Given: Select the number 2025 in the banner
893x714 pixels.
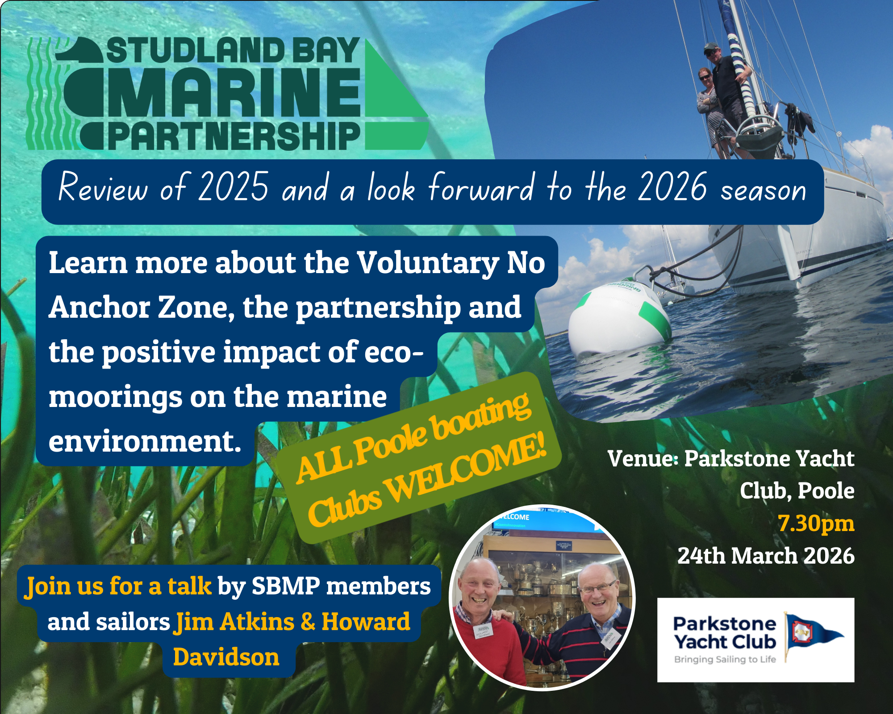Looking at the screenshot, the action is tap(234, 187).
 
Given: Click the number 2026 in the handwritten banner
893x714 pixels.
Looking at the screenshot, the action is tap(673, 187).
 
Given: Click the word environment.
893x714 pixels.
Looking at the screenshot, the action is tap(145, 441).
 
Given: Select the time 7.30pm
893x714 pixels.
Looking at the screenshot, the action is tap(816, 523).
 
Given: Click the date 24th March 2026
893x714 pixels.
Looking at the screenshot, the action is tap(766, 556).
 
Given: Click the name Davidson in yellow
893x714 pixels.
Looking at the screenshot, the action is tap(226, 657).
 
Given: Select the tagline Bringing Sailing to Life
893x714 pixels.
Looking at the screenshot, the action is tap(725, 660).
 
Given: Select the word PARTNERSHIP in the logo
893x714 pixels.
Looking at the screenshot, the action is tap(234, 136).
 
